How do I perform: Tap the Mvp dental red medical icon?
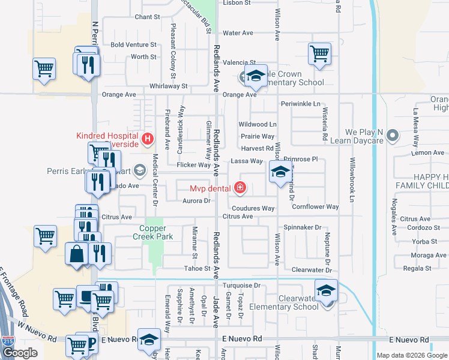point(241,188)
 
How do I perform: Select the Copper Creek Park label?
point(156,232)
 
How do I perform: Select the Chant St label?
point(147,17)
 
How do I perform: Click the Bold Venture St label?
point(133,45)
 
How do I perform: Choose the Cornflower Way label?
point(316,207)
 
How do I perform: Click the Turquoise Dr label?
point(241,286)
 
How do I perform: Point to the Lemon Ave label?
point(428,153)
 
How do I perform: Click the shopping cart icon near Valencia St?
point(320,53)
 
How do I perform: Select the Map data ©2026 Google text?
point(403,355)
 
